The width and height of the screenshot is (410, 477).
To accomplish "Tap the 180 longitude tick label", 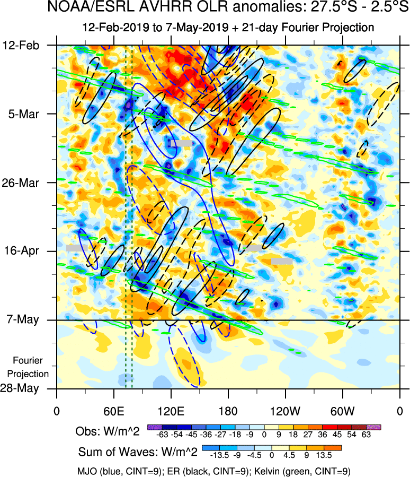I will (x=228, y=411).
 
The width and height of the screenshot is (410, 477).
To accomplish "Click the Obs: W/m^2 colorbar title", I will (x=108, y=431).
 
